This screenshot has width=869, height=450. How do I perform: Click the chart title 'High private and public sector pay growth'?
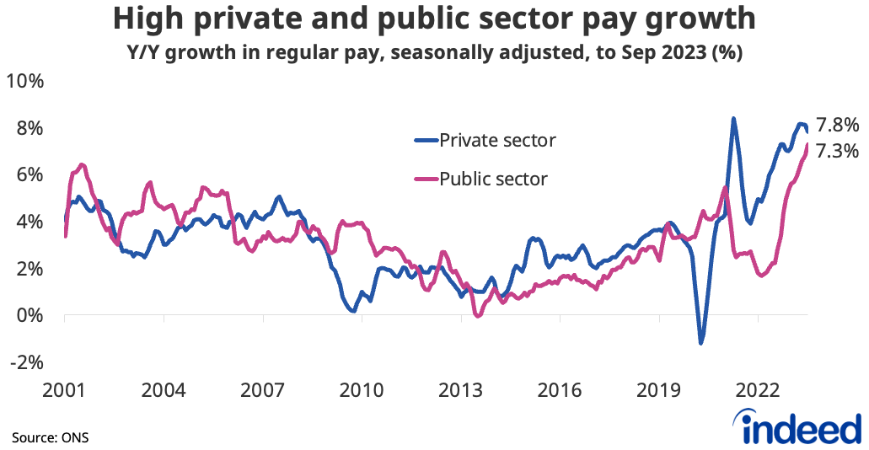pos(434,19)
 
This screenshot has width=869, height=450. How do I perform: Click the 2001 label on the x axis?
pos(65,391)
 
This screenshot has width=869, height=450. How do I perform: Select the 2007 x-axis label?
pos(263,391)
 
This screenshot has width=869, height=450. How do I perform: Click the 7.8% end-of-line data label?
pos(837,126)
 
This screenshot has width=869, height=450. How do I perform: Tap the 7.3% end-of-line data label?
pos(837,152)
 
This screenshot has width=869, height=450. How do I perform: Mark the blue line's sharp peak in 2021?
pos(733,119)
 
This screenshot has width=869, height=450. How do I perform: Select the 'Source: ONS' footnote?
pos(50,438)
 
